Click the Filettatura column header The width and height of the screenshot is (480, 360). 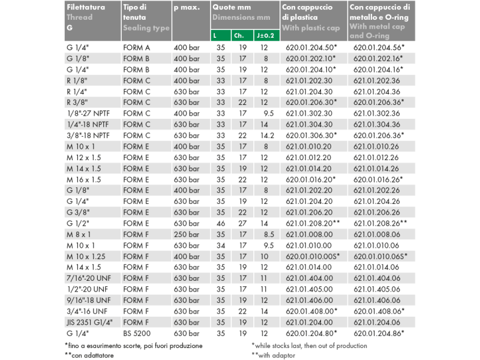tap(86, 8)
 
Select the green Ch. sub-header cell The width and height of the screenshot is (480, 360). tap(239, 35)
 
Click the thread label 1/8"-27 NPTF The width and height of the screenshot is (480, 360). tap(89, 113)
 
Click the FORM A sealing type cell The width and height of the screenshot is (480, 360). tap(136, 47)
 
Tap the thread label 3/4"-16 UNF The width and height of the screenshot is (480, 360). tap(88, 311)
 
